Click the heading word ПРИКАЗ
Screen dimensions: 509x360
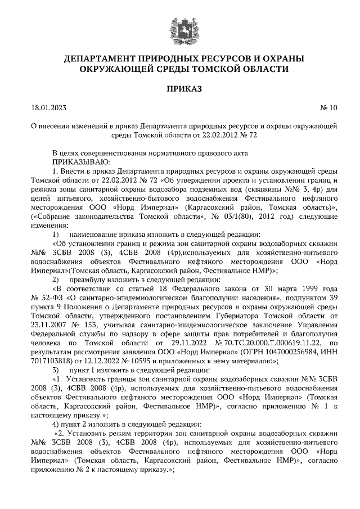click(x=179, y=88)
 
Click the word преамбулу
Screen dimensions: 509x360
click(x=90, y=279)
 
